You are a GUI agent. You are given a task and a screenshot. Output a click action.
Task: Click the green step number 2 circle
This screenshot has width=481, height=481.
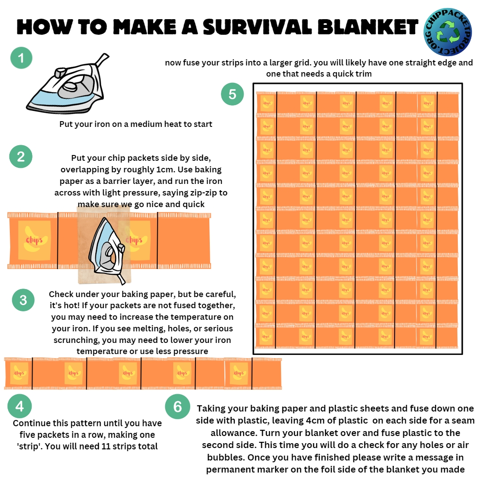tap(21, 157)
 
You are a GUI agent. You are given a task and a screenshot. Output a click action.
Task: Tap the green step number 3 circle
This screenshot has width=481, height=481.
tap(23, 300)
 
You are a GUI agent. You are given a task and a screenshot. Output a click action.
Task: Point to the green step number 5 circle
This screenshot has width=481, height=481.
tap(232, 94)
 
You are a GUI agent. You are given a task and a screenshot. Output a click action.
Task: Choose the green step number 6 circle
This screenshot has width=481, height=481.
tap(177, 407)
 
